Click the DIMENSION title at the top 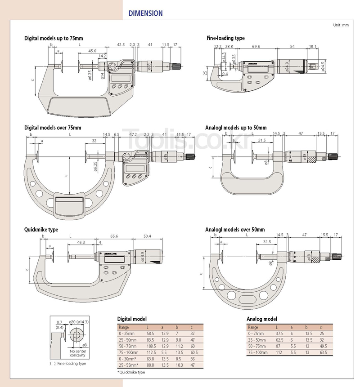(x=145, y=13)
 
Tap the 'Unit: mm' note (x=341, y=25)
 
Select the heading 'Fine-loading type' (x=225, y=38)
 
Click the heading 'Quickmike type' (x=41, y=230)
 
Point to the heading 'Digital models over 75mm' (x=53, y=128)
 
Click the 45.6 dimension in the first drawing (x=92, y=51)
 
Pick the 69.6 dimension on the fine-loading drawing (x=256, y=46)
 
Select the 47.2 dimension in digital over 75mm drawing (x=133, y=134)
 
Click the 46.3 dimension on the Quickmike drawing (x=81, y=242)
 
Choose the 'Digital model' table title (x=132, y=319)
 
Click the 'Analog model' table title (x=261, y=319)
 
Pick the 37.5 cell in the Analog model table (x=279, y=334)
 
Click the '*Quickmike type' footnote (x=131, y=372)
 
